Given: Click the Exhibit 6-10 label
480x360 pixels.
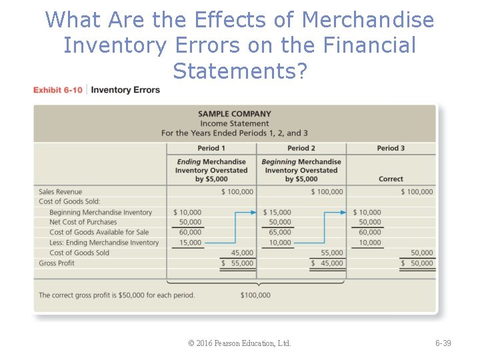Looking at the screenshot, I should click(x=58, y=90).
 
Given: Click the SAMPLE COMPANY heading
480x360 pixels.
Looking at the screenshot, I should click(x=235, y=114).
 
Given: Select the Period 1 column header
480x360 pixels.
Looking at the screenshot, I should click(x=211, y=148).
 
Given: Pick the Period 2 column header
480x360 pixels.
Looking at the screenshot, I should click(x=301, y=148).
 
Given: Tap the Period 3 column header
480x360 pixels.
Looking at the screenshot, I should click(x=391, y=148).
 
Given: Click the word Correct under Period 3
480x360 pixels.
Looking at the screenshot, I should click(x=391, y=179).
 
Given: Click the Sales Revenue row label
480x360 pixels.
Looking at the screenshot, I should click(x=61, y=192).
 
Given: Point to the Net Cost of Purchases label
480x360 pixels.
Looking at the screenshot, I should click(x=83, y=222).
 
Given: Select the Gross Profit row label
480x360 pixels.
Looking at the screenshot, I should click(x=57, y=263).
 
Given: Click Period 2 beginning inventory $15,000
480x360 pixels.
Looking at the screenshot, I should click(x=277, y=212).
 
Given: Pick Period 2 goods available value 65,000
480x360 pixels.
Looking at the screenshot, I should click(x=280, y=232).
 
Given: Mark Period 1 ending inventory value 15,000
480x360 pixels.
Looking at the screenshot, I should click(x=191, y=243).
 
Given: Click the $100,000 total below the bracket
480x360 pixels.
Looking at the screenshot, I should click(x=255, y=295).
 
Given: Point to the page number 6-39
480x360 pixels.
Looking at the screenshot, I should click(x=443, y=343).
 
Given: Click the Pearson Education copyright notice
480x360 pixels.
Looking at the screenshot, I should click(x=240, y=343).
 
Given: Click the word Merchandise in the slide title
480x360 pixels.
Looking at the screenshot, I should click(x=368, y=20).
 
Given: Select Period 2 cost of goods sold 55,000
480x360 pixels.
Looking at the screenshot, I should click(x=332, y=253).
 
